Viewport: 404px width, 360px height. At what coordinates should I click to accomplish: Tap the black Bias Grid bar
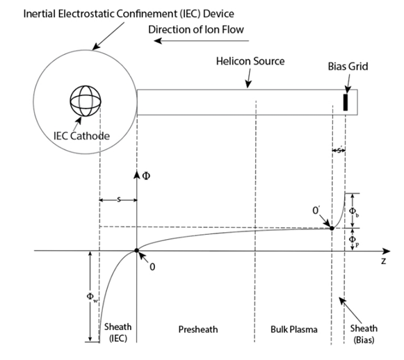[344, 101]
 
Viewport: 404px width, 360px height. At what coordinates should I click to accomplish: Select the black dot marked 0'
[333, 227]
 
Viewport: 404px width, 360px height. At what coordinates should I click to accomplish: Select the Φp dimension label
[353, 240]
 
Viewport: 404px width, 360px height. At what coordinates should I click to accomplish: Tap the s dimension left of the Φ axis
[118, 199]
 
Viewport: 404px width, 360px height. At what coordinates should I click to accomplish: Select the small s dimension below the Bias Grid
[339, 149]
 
